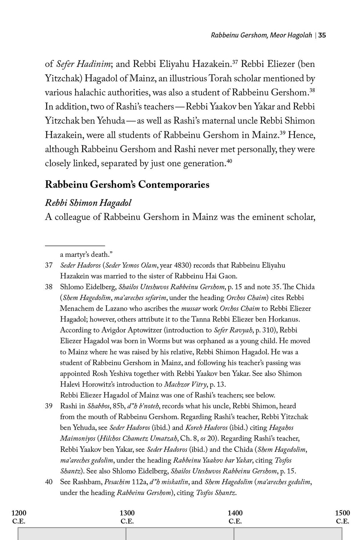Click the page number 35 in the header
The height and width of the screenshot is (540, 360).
(322, 35)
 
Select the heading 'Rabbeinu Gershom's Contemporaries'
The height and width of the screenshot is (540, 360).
(127, 185)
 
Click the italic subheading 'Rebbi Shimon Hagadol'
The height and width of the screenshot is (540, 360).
(88, 203)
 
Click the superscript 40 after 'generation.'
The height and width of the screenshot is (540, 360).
(229, 162)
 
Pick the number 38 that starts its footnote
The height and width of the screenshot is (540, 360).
(49, 287)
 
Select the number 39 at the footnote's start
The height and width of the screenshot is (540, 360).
(49, 406)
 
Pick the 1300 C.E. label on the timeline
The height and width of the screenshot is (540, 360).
(127, 517)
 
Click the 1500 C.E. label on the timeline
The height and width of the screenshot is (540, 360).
(342, 517)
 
